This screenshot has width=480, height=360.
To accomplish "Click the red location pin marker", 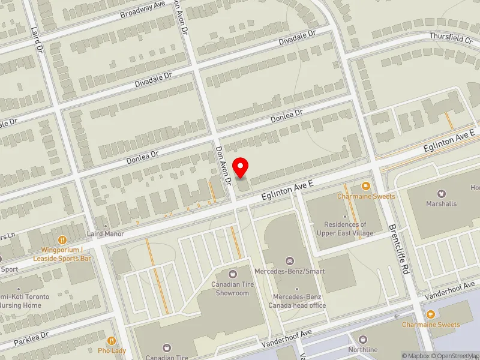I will (x=241, y=167).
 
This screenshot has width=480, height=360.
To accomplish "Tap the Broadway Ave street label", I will (x=142, y=9).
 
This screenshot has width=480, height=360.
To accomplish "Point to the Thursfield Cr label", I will (x=451, y=37).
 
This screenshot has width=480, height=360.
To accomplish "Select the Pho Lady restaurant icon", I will (x=112, y=340).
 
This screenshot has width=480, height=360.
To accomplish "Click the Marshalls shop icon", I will (x=442, y=194).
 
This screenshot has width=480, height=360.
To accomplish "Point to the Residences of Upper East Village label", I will (x=344, y=229).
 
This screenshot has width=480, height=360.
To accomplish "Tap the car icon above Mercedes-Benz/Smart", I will (x=290, y=261).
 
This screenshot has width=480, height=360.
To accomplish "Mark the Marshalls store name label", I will (x=442, y=203).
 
